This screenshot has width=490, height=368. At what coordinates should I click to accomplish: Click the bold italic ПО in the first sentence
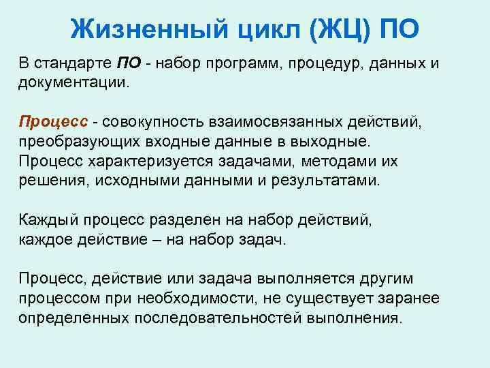pos(129,64)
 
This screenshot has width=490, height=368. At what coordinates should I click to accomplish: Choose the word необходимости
pos(195,298)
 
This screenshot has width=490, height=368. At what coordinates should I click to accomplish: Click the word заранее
pos(414,298)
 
